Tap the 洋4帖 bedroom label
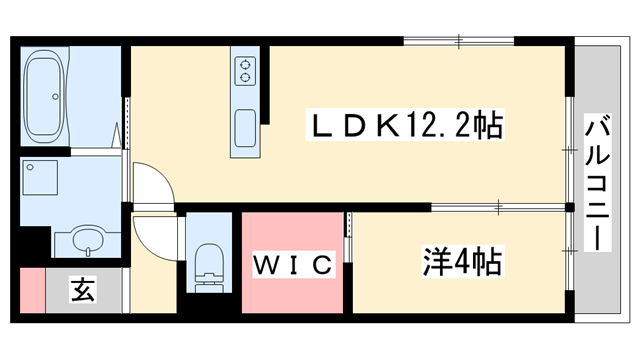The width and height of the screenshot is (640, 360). pos(459,263)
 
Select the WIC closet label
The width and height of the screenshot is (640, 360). pos(291,265)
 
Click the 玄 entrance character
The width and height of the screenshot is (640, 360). pos(82,291)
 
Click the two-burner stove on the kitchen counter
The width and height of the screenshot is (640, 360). pos(244,71)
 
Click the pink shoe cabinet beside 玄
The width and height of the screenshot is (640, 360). pos(31,292)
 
